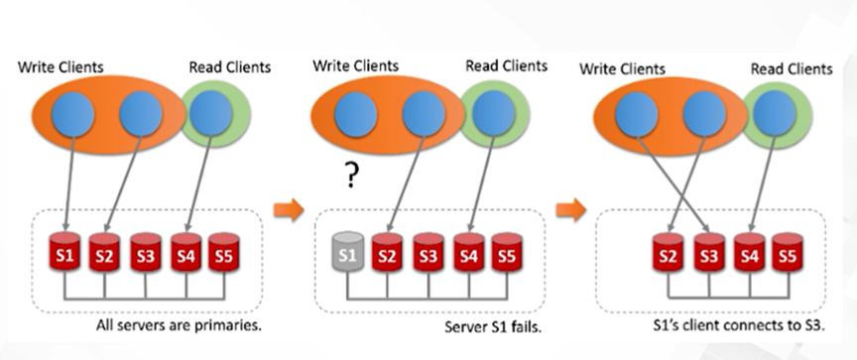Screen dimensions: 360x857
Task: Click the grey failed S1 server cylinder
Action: tap(348, 254)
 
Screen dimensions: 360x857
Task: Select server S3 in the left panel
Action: tap(145, 254)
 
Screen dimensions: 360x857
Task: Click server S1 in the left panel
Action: tap(65, 254)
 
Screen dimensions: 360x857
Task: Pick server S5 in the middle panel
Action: tap(507, 254)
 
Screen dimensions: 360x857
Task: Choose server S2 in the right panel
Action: tap(670, 254)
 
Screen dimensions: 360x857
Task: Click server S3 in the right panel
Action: tap(708, 254)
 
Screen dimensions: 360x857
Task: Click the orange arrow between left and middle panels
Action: tap(287, 209)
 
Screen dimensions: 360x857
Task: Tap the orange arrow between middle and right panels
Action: tap(569, 209)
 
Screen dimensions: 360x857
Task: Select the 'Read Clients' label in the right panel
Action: tap(791, 67)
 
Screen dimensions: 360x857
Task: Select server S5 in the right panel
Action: tap(788, 254)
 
